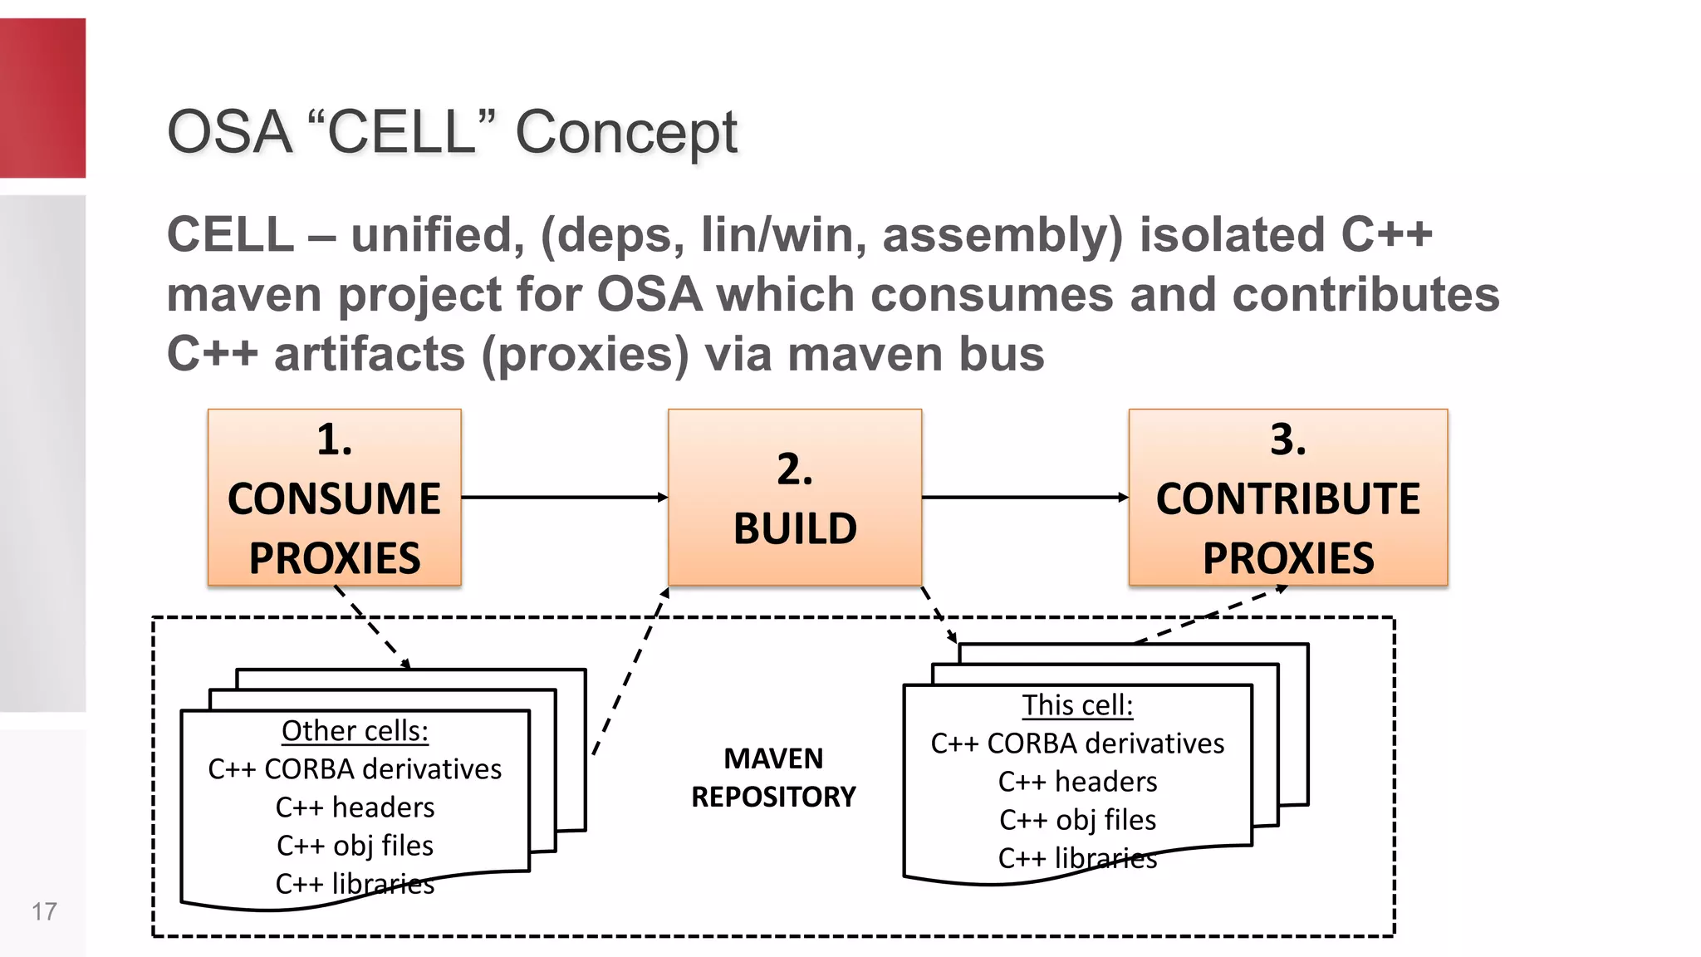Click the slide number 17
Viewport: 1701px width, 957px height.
click(x=44, y=911)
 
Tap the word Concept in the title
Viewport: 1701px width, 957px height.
click(x=625, y=133)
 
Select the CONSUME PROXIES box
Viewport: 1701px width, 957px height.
click(x=334, y=497)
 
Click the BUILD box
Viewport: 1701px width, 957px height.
click(x=794, y=497)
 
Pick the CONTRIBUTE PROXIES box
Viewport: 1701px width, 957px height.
click(x=1287, y=497)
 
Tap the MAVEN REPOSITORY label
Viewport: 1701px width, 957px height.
click(x=773, y=778)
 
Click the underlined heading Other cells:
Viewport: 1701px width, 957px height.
click(x=355, y=731)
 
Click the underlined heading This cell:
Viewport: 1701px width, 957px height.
click(x=1077, y=705)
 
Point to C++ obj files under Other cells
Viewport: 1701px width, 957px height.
click(x=355, y=846)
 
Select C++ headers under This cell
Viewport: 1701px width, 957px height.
click(x=1077, y=782)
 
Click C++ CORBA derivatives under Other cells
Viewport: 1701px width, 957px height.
click(x=355, y=769)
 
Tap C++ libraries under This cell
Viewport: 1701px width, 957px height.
click(x=1077, y=858)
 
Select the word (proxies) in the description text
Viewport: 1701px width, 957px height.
click(x=585, y=355)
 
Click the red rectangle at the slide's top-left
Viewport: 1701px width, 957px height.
click(x=42, y=98)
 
